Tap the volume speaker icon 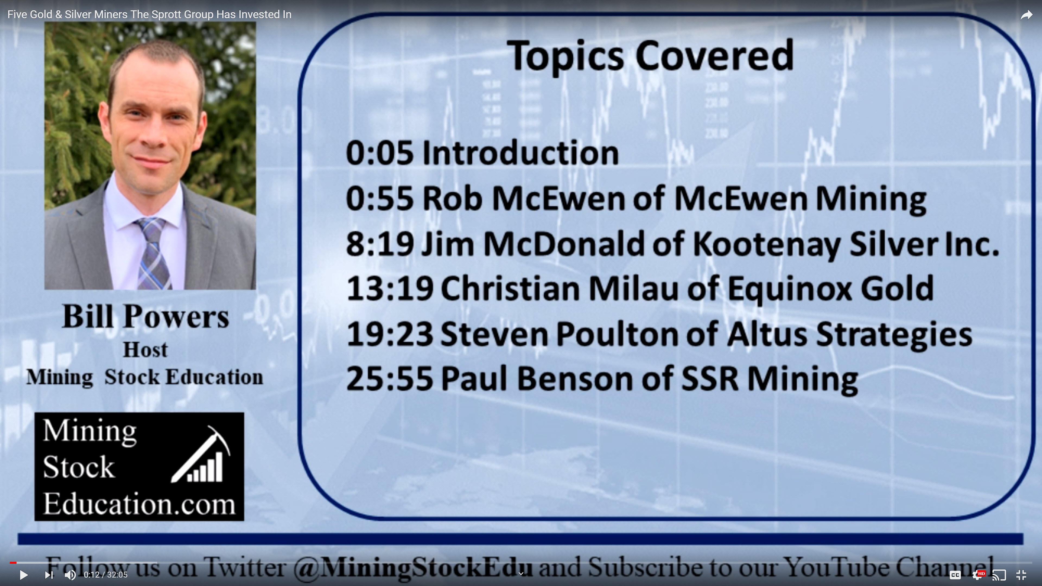click(x=70, y=575)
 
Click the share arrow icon click(x=1027, y=15)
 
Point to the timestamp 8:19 click(x=379, y=244)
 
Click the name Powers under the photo click(x=176, y=317)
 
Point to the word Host click(x=145, y=350)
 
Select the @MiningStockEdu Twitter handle click(x=412, y=567)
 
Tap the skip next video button click(x=49, y=575)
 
